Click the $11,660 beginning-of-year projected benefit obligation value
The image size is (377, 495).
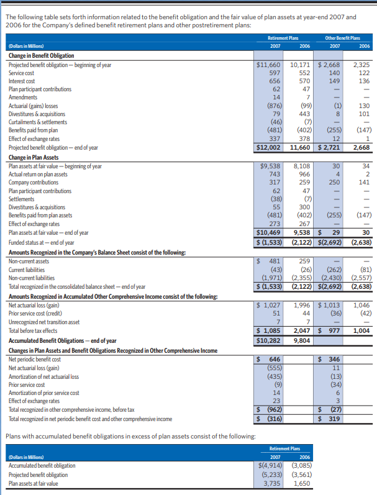(269, 65)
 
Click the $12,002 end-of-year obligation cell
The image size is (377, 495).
(269, 147)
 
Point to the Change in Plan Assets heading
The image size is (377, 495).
(34, 157)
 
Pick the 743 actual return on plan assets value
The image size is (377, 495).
(275, 175)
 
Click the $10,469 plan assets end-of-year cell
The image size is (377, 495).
(269, 232)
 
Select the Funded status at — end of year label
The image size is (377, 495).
(41, 242)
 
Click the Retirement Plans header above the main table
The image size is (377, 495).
(286, 37)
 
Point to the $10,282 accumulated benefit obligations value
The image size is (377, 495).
(269, 340)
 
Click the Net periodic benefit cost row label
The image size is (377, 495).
(35, 360)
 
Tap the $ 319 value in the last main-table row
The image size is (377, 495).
(330, 419)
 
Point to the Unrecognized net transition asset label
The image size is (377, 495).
(43, 322)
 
